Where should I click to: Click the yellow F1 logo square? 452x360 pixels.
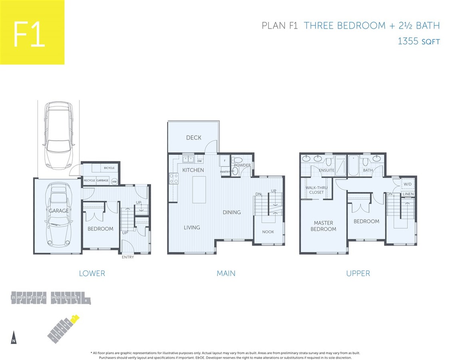[x=32, y=32]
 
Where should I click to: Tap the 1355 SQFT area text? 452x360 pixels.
[x=418, y=41]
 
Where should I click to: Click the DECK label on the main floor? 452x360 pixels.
[x=193, y=138]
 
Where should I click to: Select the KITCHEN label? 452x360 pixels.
[x=193, y=170]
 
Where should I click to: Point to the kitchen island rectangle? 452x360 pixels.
[x=199, y=190]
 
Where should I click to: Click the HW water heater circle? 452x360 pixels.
[x=114, y=181]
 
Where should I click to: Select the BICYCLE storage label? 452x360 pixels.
[x=109, y=168]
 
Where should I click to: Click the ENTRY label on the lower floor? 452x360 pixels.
[x=128, y=257]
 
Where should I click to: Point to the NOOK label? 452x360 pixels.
[x=268, y=232]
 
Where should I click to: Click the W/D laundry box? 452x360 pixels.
[x=408, y=184]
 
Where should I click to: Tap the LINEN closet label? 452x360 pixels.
[x=408, y=194]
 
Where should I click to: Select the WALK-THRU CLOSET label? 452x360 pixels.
[x=315, y=190]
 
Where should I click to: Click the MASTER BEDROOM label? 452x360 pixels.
[x=325, y=226]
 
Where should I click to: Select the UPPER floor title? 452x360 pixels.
[x=358, y=274]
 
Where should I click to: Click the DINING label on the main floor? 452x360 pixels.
[x=231, y=212]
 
